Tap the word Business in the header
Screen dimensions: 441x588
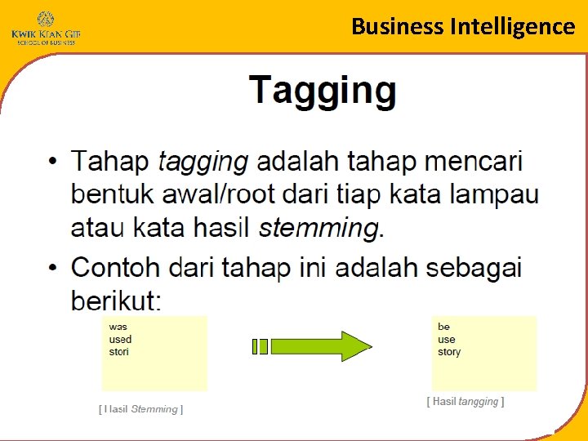pyautogui.click(x=398, y=26)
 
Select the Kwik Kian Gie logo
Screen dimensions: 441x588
pyautogui.click(x=46, y=28)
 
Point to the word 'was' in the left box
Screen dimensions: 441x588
pyautogui.click(x=118, y=327)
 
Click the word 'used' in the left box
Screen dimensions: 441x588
pyautogui.click(x=120, y=339)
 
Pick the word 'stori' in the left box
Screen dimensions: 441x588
pyautogui.click(x=119, y=351)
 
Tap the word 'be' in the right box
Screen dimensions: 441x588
pyautogui.click(x=443, y=327)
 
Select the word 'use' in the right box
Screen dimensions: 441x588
pyautogui.click(x=446, y=339)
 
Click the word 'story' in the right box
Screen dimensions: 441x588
pyautogui.click(x=449, y=351)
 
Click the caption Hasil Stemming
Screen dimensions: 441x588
pyautogui.click(x=140, y=408)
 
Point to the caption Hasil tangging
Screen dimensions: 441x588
pyautogui.click(x=465, y=401)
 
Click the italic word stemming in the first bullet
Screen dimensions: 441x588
pyautogui.click(x=318, y=227)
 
